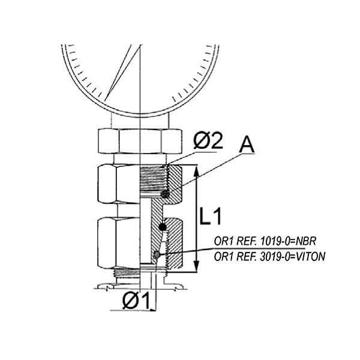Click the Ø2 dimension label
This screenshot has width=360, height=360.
(208, 142)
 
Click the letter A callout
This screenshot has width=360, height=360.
(247, 145)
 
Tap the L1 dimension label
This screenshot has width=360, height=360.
(211, 216)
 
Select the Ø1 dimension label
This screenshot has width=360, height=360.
(136, 301)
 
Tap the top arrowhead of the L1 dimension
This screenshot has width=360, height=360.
(196, 171)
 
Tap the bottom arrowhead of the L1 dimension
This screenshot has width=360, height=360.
(196, 266)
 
